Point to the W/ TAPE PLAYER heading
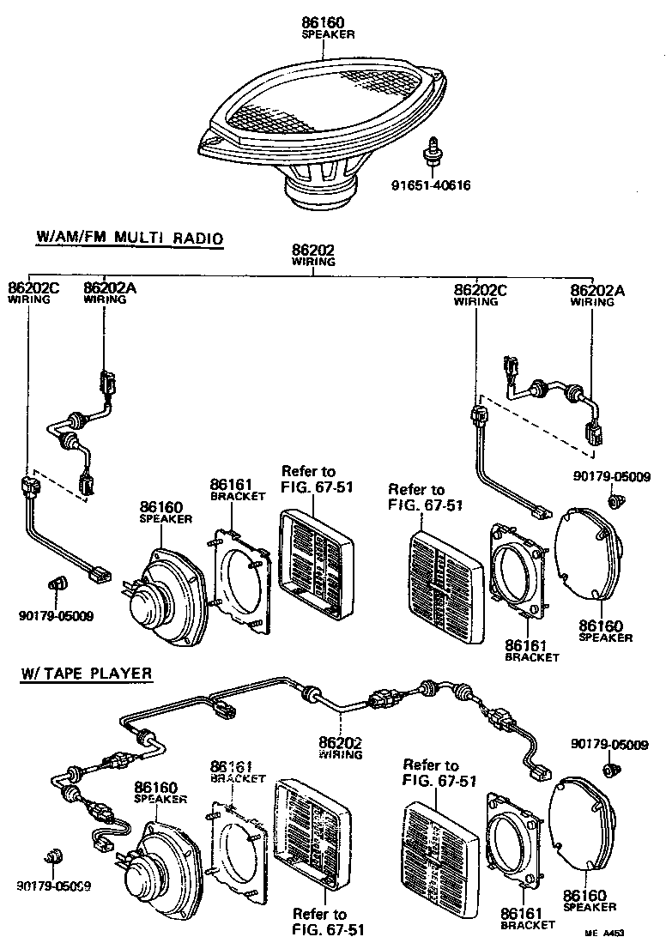[x=87, y=673]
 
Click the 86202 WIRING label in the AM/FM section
[x=313, y=255]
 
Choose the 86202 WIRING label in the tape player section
[x=341, y=747]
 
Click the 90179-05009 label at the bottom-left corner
[x=55, y=885]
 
